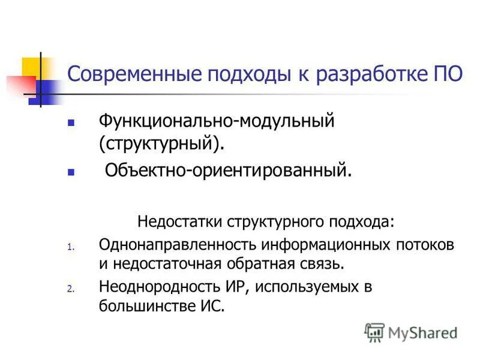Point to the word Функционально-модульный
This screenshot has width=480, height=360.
pyautogui.click(x=216, y=122)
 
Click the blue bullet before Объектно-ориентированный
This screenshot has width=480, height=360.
pyautogui.click(x=71, y=172)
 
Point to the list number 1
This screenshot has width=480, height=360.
pyautogui.click(x=70, y=247)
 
